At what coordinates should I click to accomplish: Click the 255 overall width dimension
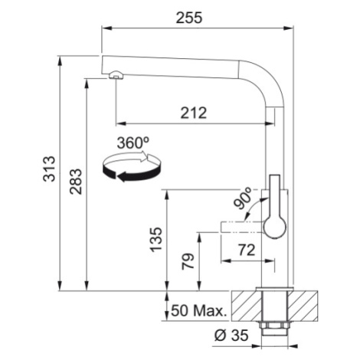tap(189, 18)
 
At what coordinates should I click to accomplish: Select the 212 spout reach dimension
tap(193, 113)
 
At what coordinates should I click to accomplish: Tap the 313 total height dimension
tap(49, 169)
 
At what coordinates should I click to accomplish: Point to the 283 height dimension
tap(76, 182)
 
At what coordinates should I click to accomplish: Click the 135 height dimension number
tap(156, 240)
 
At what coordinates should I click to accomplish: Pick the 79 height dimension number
tap(188, 261)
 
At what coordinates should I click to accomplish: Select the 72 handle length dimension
tap(247, 250)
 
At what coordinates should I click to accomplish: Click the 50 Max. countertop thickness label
tap(199, 311)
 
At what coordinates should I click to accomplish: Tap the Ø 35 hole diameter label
tap(231, 335)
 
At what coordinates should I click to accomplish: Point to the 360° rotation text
tap(133, 142)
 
